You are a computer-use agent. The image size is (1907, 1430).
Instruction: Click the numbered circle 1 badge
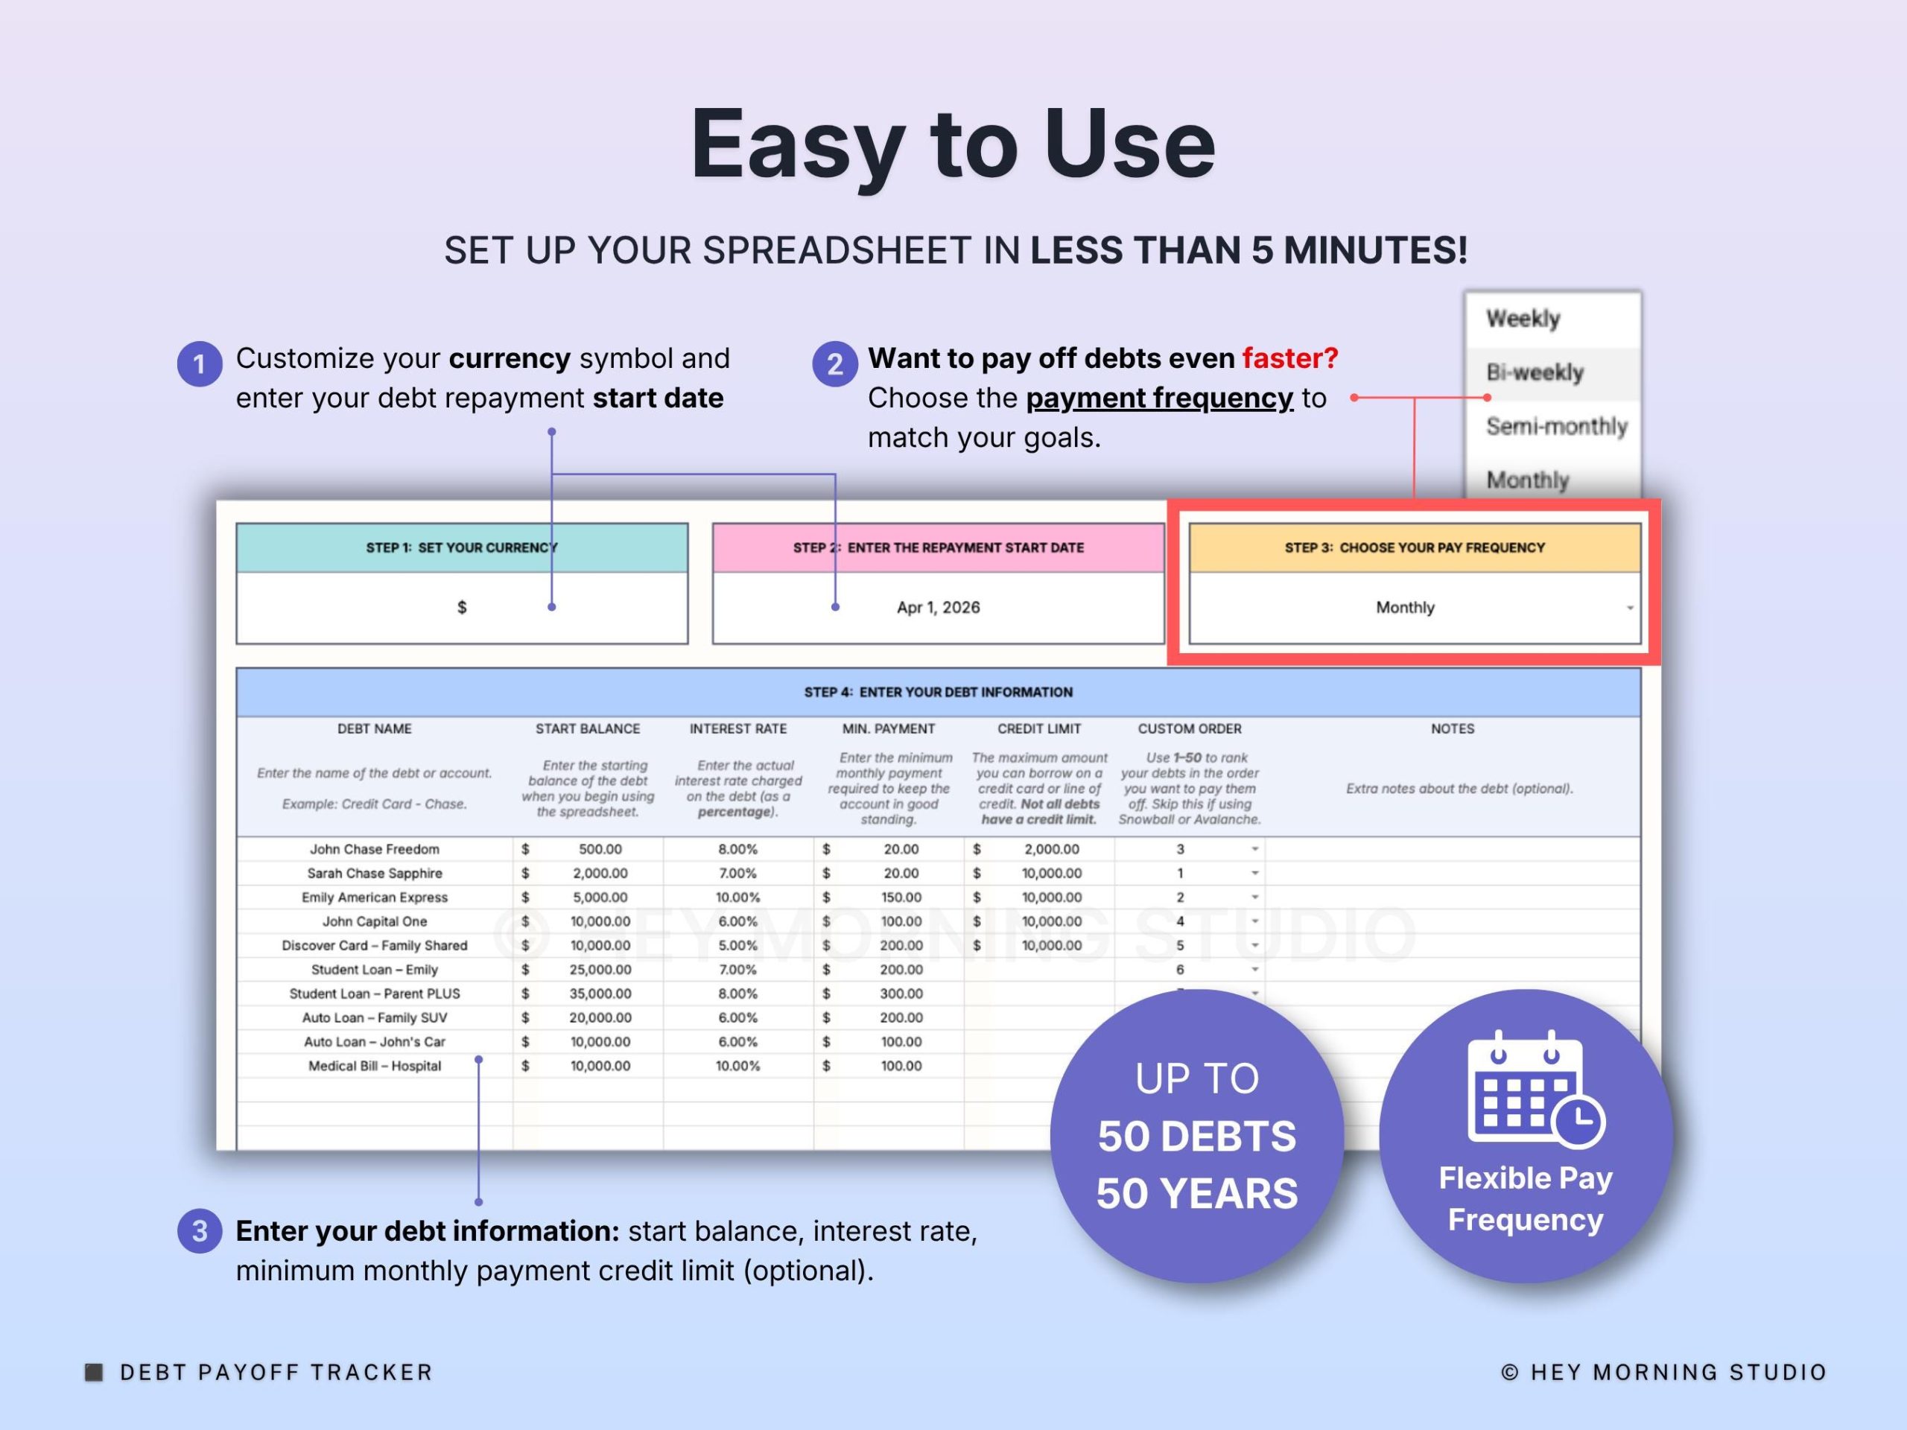(200, 363)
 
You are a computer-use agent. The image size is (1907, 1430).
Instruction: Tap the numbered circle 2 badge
(834, 363)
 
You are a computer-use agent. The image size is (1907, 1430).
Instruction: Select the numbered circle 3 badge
(200, 1231)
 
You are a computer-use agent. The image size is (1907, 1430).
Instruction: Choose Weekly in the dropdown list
(1523, 319)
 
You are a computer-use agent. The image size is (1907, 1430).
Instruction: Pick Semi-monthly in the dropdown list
(1556, 426)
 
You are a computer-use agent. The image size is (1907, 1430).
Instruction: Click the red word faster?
(1289, 357)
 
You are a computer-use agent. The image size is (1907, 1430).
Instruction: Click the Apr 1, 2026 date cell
(938, 608)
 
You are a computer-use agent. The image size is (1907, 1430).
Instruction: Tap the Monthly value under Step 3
(1405, 608)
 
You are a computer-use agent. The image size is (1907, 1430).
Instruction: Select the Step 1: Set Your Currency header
(462, 547)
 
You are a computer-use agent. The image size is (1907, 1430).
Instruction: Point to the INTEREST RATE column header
(738, 728)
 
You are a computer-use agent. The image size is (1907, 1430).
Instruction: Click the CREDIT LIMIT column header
(1039, 728)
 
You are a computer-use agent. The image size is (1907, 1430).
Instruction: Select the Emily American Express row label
(374, 897)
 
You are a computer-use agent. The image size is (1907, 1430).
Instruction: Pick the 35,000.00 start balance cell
(600, 994)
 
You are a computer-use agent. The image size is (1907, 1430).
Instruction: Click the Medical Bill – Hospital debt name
(374, 1067)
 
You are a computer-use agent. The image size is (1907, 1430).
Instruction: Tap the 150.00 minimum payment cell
(901, 897)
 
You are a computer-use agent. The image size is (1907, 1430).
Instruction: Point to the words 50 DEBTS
(1196, 1136)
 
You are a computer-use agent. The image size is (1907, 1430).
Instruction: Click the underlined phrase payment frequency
(1160, 398)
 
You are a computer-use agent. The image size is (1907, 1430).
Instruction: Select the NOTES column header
(1453, 728)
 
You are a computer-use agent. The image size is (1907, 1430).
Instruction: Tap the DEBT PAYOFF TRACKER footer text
(276, 1372)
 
